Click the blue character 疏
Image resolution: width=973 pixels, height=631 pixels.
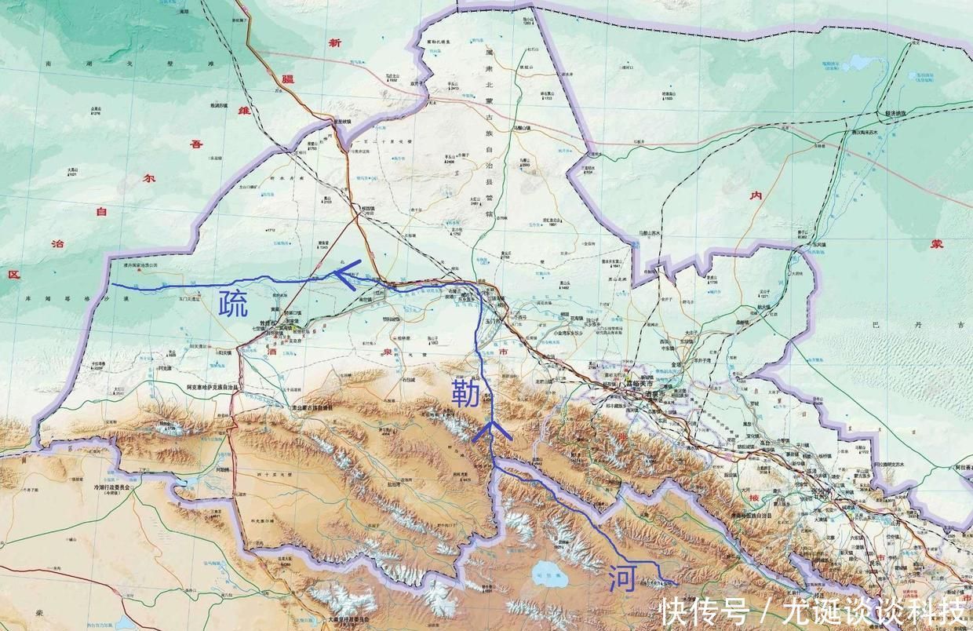(x=232, y=303)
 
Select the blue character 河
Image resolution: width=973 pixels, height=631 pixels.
(x=621, y=579)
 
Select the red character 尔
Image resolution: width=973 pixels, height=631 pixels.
(x=146, y=177)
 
